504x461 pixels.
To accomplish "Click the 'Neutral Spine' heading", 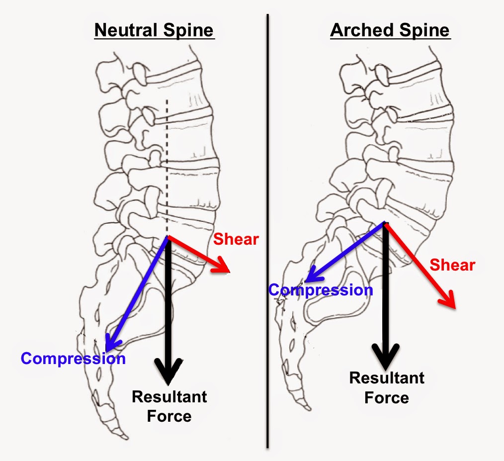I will [154, 30].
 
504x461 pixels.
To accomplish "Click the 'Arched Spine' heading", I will [390, 30].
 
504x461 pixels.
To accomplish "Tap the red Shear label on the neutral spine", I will [236, 239].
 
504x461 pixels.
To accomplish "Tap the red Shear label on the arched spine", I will [452, 265].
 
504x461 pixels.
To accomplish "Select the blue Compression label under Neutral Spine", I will [73, 358].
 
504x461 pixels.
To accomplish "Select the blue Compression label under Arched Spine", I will [321, 290].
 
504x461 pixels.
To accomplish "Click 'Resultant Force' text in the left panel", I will [169, 406].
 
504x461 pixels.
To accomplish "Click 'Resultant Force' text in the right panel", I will [387, 387].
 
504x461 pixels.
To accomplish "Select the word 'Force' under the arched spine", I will [387, 397].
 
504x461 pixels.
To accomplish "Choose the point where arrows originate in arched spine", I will [385, 223].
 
